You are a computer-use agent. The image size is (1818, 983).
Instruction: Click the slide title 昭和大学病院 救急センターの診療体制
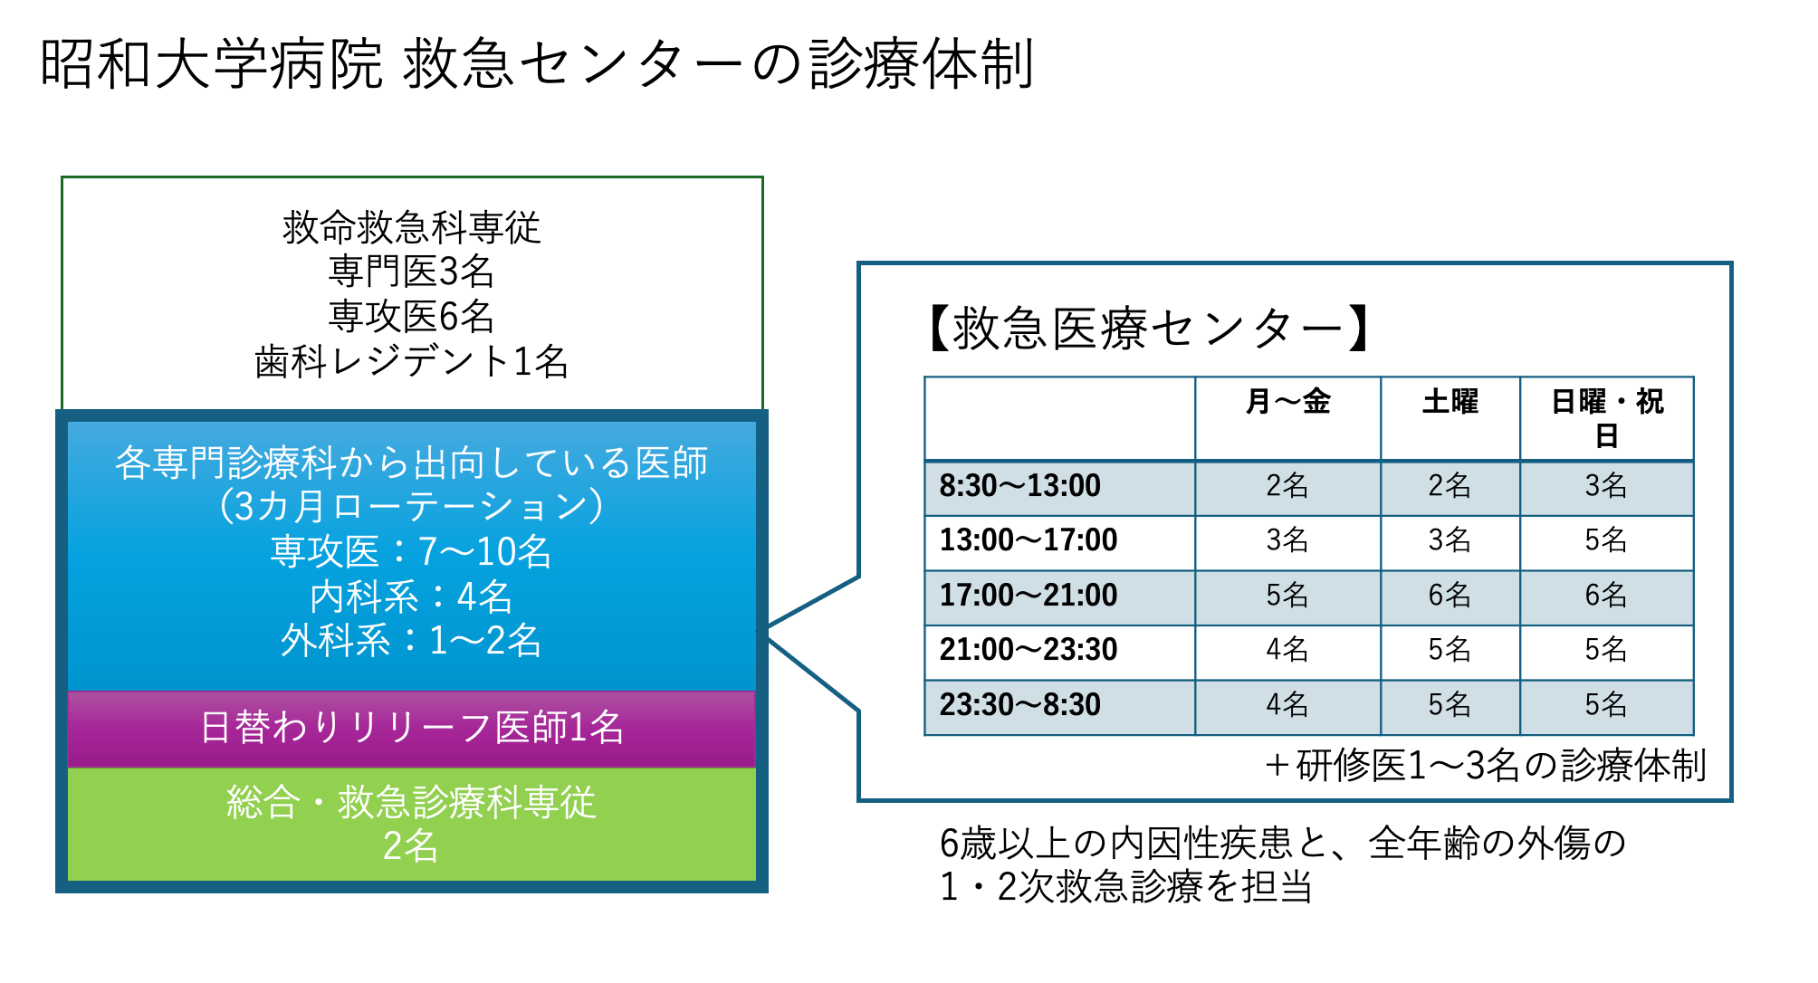[537, 65]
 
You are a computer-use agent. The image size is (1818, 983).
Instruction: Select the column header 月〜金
[1287, 401]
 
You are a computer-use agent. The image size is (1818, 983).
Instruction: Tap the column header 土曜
[1450, 401]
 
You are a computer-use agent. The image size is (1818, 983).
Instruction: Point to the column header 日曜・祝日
[1607, 418]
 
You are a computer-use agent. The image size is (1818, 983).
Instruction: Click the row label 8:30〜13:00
[1019, 486]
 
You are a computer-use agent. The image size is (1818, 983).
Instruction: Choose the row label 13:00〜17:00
[1028, 540]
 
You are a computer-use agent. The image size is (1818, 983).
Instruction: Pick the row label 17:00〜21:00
[1028, 596]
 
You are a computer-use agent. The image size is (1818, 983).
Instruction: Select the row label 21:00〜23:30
[1028, 650]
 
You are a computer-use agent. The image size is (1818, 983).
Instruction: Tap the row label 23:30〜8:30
[1019, 705]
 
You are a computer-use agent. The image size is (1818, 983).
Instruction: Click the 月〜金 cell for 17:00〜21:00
[1287, 596]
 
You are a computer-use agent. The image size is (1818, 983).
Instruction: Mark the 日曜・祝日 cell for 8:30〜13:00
[1606, 486]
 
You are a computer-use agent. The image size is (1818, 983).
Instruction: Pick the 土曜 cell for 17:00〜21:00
[1450, 596]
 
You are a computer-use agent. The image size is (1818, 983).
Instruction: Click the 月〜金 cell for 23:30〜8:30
[1287, 705]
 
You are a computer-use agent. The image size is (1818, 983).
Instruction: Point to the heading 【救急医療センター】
[1148, 328]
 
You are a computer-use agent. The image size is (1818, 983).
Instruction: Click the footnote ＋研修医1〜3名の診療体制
[1485, 766]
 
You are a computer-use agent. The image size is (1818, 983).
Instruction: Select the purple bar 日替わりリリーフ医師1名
[412, 729]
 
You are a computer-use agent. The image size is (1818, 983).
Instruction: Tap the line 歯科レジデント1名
[411, 362]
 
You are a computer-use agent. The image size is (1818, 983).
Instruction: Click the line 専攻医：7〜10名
[411, 551]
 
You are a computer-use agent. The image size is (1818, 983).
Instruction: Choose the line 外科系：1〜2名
[411, 641]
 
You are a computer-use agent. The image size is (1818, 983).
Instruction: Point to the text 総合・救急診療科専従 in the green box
[411, 802]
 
